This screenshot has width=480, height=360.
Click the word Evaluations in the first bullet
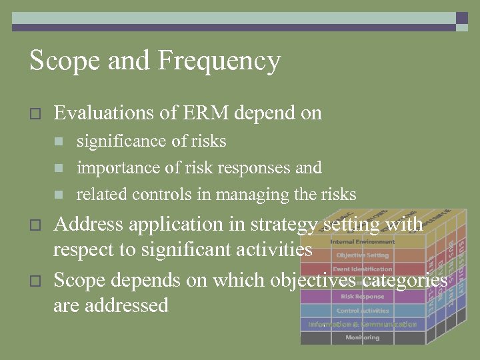[x=103, y=113]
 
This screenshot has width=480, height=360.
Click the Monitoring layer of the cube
[x=362, y=338]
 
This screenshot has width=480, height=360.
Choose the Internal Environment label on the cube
[x=362, y=242]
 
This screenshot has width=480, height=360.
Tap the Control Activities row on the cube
[x=362, y=311]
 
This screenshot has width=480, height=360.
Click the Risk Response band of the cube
[x=362, y=297]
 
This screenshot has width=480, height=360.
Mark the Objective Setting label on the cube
[x=362, y=255]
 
